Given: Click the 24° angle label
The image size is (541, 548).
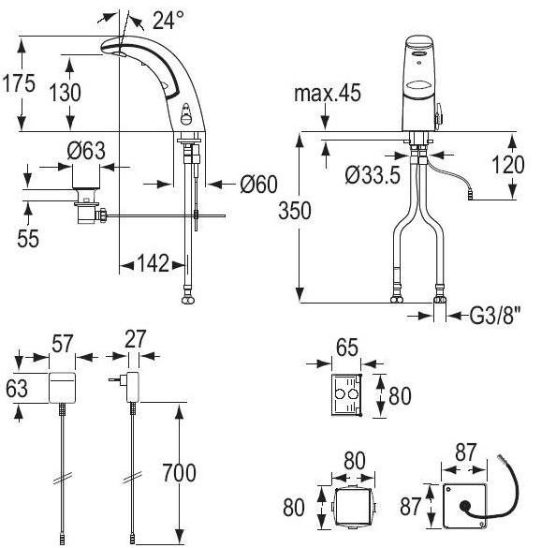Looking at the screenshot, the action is (168, 21).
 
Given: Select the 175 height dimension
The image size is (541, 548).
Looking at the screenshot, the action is (19, 83).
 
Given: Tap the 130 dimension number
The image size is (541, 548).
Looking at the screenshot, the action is (65, 93).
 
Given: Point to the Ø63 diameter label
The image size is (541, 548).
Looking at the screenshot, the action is (86, 151).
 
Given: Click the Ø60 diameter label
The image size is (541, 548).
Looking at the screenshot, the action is (258, 185).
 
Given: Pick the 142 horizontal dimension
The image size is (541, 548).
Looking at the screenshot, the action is (154, 263).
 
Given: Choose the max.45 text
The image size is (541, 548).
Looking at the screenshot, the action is (328, 94).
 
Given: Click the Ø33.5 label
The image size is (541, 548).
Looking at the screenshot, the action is (373, 175).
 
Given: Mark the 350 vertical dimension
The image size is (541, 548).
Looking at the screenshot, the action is (295, 211).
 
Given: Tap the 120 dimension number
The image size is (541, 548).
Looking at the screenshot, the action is (508, 165).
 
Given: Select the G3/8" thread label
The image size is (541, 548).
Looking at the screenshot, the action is (495, 316).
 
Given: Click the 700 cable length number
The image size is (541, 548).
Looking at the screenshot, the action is (179, 473).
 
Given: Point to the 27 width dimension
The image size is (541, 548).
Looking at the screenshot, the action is (135, 339).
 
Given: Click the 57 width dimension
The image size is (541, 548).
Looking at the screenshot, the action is (63, 343).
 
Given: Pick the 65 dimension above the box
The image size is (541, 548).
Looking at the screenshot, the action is (347, 348).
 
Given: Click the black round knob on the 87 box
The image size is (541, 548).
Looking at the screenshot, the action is (465, 505).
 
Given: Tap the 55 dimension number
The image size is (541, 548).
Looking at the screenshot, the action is (28, 239).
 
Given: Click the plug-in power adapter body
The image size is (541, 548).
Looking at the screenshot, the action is (133, 387).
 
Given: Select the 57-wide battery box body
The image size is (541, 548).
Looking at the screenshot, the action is (62, 388).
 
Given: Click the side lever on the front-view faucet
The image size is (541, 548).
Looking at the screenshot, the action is (439, 115).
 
